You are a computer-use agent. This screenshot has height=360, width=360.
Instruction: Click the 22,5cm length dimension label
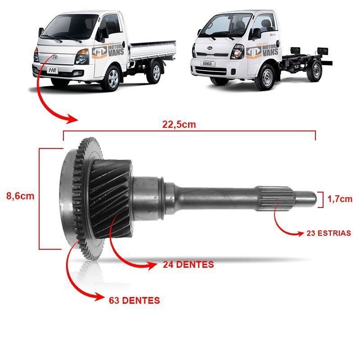[179, 125]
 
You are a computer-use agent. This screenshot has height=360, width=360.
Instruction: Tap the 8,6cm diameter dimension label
[20, 196]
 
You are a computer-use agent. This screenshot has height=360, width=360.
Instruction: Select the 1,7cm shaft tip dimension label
[340, 199]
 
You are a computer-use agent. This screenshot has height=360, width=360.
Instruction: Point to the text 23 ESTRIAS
[329, 233]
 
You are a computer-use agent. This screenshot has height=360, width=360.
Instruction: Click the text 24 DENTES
[189, 265]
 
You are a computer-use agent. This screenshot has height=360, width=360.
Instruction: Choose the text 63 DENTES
[134, 300]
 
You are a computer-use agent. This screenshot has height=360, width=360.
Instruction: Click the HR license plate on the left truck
[53, 70]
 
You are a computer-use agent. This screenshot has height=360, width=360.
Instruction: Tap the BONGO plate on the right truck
[207, 63]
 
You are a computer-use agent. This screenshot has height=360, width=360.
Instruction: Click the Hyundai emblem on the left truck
[54, 57]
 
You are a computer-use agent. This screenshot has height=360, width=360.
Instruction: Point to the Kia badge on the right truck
[210, 48]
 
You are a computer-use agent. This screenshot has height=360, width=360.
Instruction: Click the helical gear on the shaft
[110, 198]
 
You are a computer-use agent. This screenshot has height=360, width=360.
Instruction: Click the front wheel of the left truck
[112, 78]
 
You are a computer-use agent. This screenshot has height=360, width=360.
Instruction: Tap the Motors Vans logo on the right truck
[262, 51]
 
